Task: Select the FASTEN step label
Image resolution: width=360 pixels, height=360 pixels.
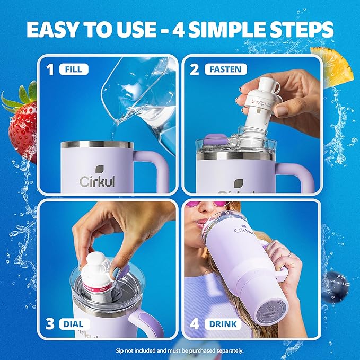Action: [x=224, y=68]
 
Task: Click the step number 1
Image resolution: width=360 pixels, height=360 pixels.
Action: [x=51, y=68]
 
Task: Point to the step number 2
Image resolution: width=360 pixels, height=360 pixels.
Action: [x=195, y=68]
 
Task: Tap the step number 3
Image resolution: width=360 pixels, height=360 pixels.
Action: [x=51, y=323]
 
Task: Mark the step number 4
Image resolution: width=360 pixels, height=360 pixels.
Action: [x=195, y=323]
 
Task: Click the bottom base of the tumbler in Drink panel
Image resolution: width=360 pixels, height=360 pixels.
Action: [x=271, y=315]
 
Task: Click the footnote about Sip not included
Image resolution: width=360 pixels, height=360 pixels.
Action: [x=180, y=350]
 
